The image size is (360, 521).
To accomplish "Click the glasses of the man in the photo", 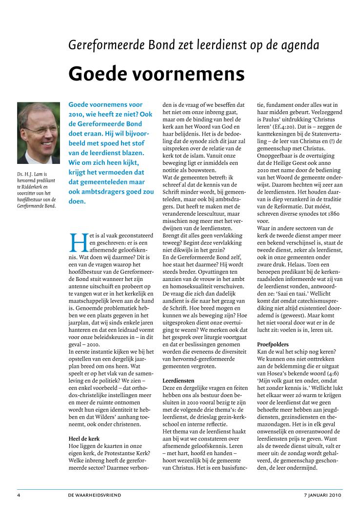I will click(x=40, y=130).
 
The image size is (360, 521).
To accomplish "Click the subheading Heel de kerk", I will click(x=85, y=438).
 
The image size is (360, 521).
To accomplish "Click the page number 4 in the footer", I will click(x=19, y=495).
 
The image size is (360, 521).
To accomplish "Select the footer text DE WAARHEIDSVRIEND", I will click(x=95, y=495).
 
